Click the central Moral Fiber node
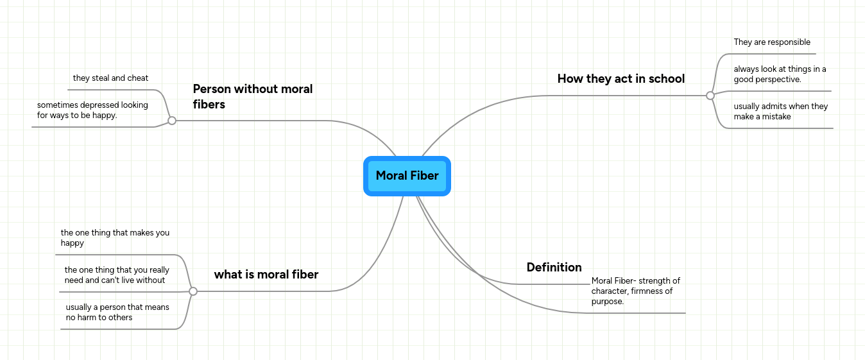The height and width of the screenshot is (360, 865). point(407,176)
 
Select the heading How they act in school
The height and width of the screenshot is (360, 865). point(621,79)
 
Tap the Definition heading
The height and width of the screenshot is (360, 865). point(554,267)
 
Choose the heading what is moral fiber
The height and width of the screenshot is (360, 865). point(266,275)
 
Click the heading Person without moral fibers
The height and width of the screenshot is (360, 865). point(253,96)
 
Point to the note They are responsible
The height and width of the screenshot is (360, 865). point(772,42)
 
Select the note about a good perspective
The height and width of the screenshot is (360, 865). point(780,74)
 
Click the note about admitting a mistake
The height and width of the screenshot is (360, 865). point(780,111)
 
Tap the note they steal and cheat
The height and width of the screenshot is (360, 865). point(110,78)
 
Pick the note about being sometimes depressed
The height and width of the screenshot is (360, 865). point(92,110)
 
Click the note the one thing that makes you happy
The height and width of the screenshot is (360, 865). point(115,238)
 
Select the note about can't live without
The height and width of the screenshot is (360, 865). point(116,275)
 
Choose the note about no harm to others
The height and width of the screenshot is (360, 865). point(117,312)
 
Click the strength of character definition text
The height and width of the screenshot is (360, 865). point(635,291)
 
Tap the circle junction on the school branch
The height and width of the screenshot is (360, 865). point(710,96)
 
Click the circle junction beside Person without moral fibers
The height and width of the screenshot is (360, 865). point(172,120)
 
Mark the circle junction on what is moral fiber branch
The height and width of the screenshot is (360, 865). point(193,291)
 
